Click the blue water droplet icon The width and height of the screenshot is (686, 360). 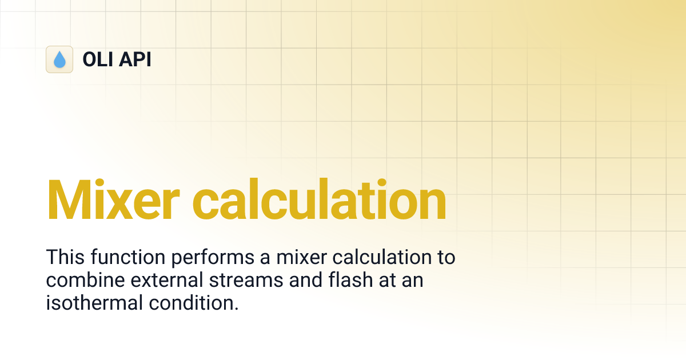click(59, 59)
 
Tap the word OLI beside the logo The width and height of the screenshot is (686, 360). click(98, 59)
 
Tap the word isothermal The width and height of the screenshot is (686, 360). click(91, 303)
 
